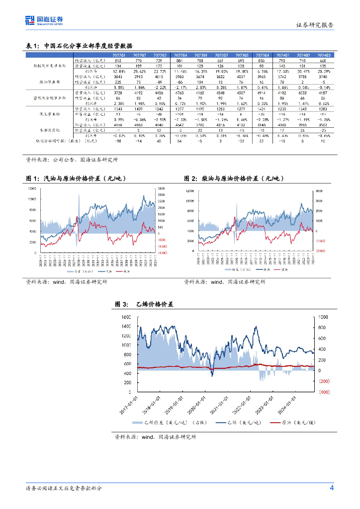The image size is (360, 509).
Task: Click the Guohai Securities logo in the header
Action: [x=44, y=20]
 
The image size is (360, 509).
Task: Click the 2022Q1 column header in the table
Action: [x=119, y=55]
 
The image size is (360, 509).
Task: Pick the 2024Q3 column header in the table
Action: [x=324, y=55]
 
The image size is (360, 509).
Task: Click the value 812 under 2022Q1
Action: [x=118, y=60]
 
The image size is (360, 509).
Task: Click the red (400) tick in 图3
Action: [x=324, y=393]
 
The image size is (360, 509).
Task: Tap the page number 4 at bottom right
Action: [x=332, y=488]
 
